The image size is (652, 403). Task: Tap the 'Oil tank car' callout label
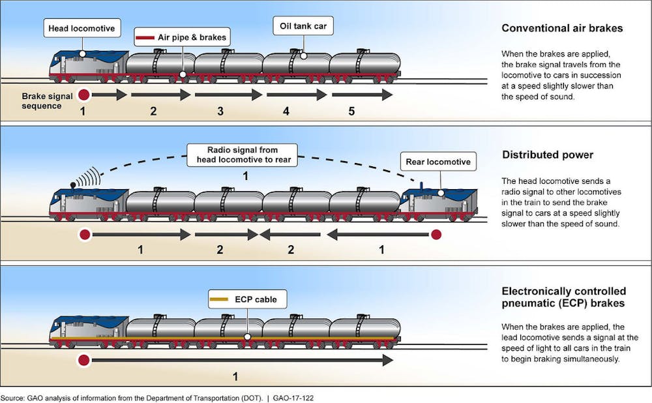coord(303,27)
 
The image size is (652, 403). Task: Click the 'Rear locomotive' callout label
coord(437,162)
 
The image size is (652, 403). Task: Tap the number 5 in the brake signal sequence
coord(351,112)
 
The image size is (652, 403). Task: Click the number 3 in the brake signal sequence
coord(220,112)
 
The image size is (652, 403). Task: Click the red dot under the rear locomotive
coord(436,233)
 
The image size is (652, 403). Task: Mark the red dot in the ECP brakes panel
coord(83,360)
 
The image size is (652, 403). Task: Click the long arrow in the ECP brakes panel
coord(241,360)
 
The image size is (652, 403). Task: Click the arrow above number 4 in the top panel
coord(295,95)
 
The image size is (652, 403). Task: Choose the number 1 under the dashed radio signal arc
coord(245,176)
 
